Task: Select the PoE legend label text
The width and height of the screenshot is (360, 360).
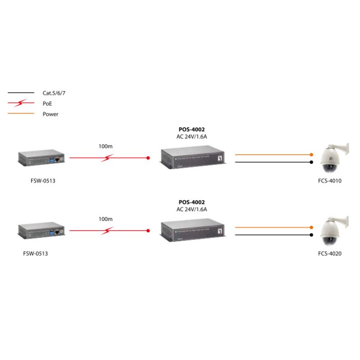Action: [x=48, y=103]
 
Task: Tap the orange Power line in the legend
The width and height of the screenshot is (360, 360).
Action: [x=21, y=113]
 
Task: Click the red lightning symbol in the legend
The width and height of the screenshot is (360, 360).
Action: [x=21, y=103]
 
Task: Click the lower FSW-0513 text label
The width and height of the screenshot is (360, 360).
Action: [x=35, y=253]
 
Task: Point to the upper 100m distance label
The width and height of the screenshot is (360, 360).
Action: [x=105, y=146]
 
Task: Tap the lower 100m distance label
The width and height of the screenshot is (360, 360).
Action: [x=105, y=219]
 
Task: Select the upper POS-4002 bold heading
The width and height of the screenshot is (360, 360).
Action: [x=192, y=130]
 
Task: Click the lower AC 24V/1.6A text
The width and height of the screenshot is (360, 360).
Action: [x=192, y=209]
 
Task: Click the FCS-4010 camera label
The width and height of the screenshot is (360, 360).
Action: [x=330, y=181]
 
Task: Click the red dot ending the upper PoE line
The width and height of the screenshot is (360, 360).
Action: [x=148, y=158]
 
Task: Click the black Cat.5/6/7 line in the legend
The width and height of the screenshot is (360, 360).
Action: [x=21, y=93]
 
